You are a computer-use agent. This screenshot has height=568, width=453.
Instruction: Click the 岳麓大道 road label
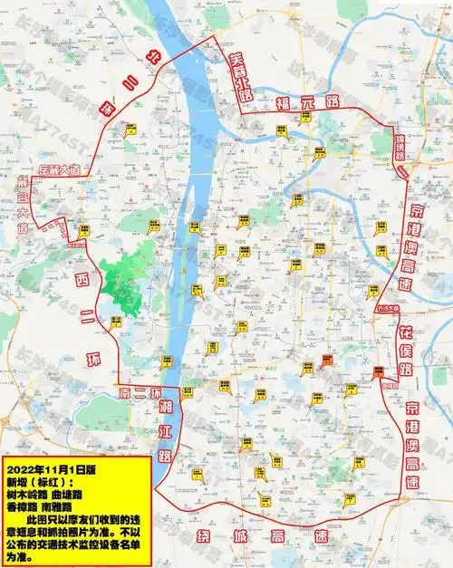[x=57, y=168]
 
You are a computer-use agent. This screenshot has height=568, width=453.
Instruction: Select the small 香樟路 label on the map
[x=390, y=384]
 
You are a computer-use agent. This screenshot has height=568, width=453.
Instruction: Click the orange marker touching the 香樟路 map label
[x=378, y=371]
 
